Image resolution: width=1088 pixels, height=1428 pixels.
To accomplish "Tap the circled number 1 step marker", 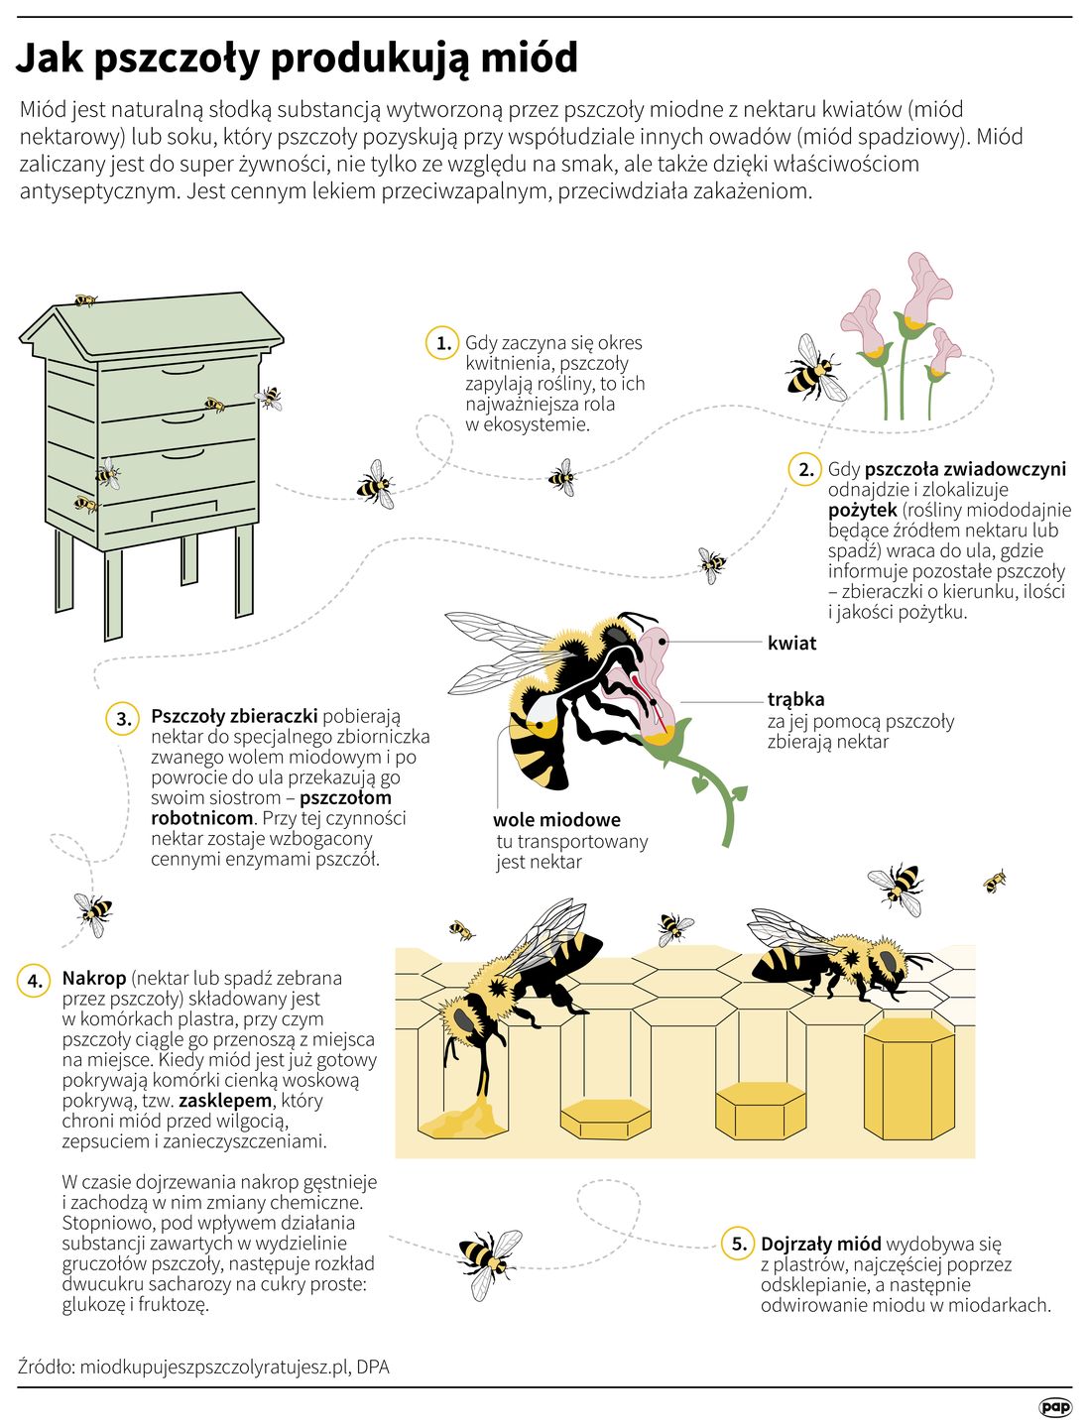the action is tap(443, 343).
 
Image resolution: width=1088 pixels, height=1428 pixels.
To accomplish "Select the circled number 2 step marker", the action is tap(805, 469).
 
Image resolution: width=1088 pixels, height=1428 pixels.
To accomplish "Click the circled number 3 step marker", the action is tap(123, 718).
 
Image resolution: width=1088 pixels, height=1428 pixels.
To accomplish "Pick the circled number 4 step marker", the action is tap(35, 981).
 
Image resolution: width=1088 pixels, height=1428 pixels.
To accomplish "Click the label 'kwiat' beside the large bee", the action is tap(791, 644).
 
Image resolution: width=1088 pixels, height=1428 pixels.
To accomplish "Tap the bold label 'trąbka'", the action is tap(795, 699).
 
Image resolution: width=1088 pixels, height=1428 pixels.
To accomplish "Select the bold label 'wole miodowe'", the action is tap(556, 820).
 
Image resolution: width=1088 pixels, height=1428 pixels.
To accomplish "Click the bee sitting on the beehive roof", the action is tap(85, 299).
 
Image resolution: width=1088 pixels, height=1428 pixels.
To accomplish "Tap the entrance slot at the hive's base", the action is tap(184, 511).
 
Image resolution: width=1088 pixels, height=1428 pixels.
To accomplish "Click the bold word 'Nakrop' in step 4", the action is tap(93, 979).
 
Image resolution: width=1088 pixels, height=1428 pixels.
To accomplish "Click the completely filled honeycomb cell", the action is tap(909, 1079).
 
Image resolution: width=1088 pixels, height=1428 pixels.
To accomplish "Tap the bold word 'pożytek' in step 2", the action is tap(862, 511).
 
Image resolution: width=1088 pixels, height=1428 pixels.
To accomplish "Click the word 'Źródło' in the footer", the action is tap(46, 1367).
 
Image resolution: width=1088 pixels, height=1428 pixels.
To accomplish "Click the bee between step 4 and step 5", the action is tap(489, 1265).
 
